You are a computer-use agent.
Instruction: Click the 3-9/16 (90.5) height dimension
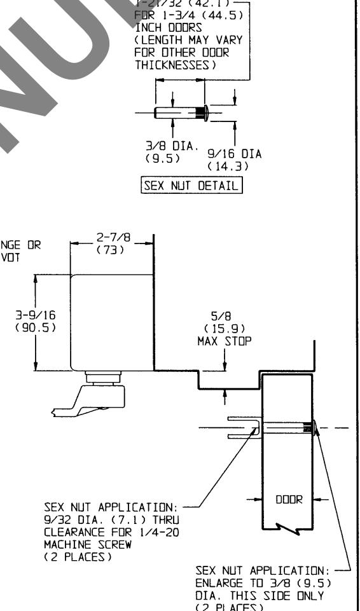[x=17, y=322]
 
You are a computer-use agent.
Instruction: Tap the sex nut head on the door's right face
[x=310, y=429]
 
